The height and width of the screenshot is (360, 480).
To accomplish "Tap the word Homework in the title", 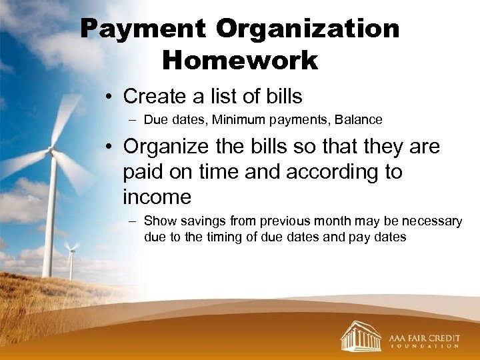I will coord(240,60).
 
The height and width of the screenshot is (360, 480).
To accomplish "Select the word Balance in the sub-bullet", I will coord(359,120).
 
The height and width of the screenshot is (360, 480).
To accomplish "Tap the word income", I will coord(157,197).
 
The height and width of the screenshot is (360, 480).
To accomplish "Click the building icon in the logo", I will coord(361,335).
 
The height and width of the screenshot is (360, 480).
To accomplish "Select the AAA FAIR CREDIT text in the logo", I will coord(423,333).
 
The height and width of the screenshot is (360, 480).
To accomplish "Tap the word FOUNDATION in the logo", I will coord(423,346).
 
